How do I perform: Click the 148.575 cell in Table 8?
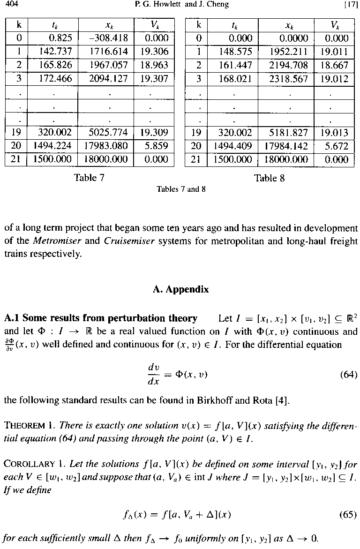(x=237, y=52)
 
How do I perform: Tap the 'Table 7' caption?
(x=89, y=178)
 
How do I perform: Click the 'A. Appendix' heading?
(x=180, y=289)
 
